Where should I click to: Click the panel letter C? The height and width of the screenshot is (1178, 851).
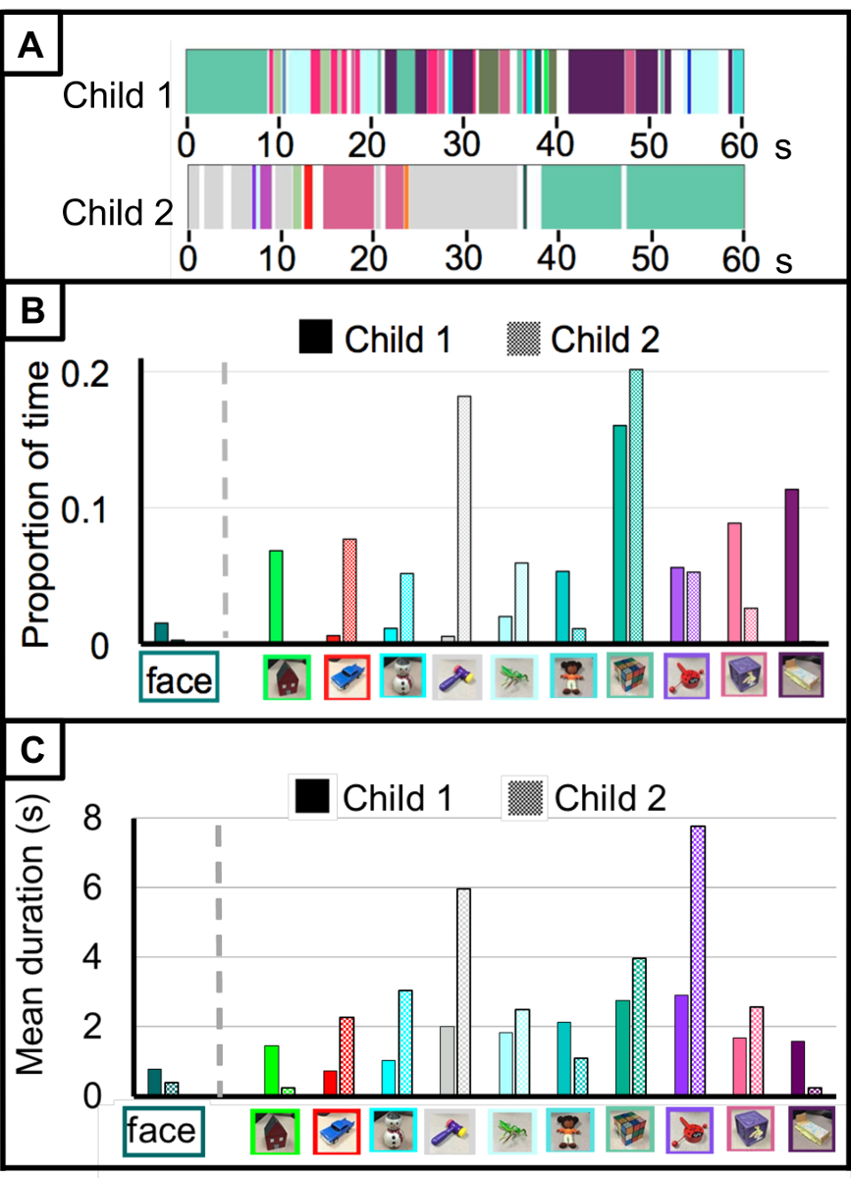[x=31, y=751]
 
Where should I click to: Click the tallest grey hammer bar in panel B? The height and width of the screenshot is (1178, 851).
[x=463, y=520]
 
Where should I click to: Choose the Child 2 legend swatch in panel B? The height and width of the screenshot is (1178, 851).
[x=523, y=339]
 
